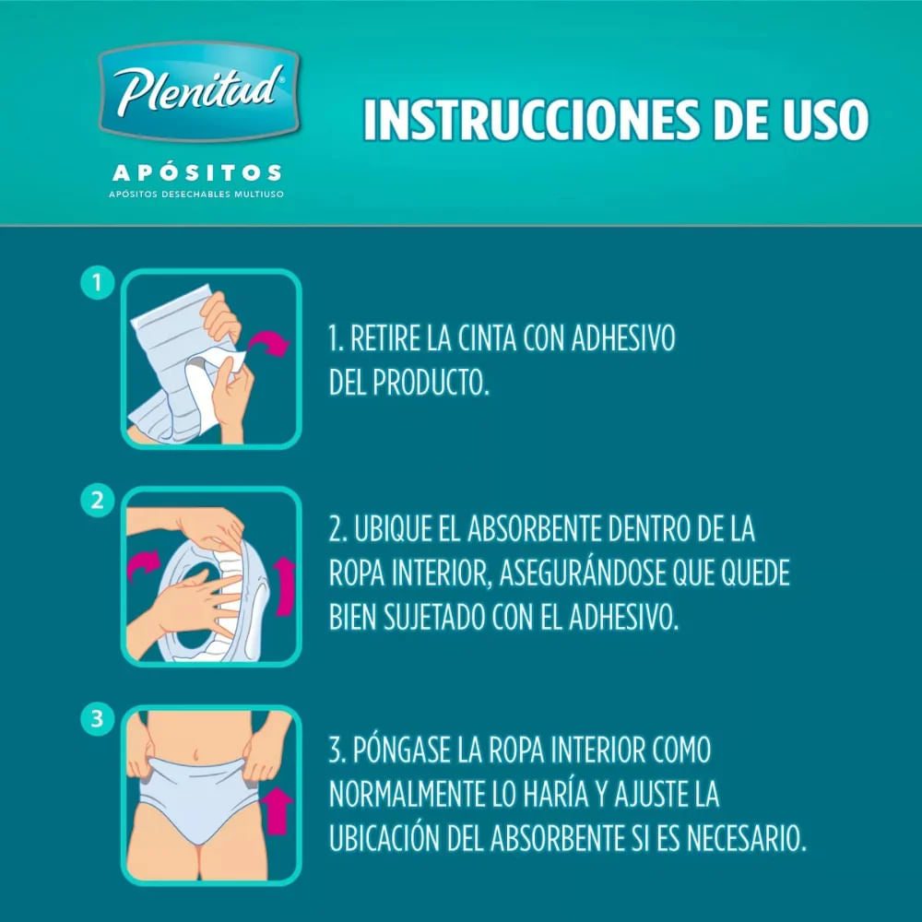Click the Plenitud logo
(x=199, y=91)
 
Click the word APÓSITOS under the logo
(x=197, y=173)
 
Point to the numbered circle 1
(x=97, y=283)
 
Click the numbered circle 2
(x=97, y=501)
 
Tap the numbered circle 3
(x=97, y=718)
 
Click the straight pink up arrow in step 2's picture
(x=285, y=586)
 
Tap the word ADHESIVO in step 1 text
(x=622, y=338)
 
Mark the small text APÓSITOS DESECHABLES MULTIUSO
(x=196, y=194)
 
